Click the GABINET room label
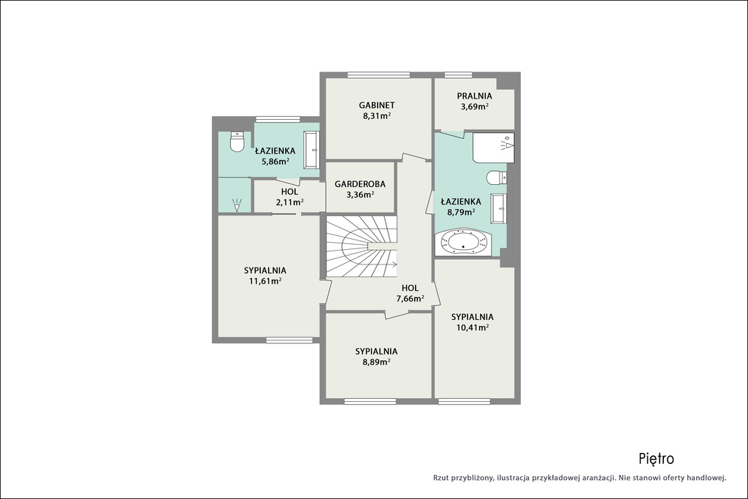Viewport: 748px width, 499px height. coord(377,105)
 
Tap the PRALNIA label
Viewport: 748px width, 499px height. coord(474,96)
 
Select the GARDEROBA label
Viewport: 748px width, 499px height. coord(360,183)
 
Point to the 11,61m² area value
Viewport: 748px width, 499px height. coord(264,281)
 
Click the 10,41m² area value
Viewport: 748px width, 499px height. coord(473,327)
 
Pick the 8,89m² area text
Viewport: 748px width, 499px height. coord(376,362)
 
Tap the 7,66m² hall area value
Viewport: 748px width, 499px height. coord(411,299)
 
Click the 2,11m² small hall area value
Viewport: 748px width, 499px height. coord(289,202)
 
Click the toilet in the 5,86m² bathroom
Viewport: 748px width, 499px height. coord(237,141)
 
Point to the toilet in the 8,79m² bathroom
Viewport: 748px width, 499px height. coord(497,178)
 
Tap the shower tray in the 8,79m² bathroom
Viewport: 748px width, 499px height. coord(494,148)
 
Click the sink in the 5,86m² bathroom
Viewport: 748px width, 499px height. coord(312,151)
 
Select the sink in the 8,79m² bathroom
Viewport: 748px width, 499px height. coord(499,208)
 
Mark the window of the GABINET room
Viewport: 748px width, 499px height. coord(379,75)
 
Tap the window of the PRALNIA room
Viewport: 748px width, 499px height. coord(459,75)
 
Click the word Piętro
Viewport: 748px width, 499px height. coord(657,459)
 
